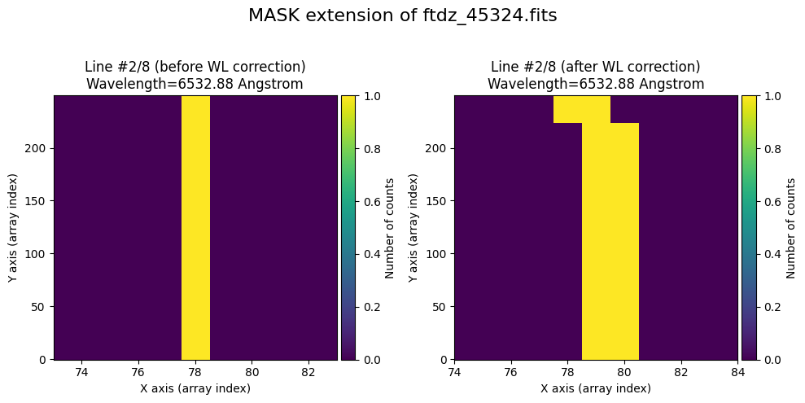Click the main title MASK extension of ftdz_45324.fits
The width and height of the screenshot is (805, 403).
tap(402, 16)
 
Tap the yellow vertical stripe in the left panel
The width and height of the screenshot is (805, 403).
tap(195, 228)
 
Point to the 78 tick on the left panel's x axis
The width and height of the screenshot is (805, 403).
tap(195, 372)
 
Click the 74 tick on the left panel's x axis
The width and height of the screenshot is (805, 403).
tap(82, 372)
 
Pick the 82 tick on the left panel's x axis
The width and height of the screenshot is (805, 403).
tap(308, 372)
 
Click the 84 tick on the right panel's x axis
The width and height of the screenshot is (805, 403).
tap(737, 372)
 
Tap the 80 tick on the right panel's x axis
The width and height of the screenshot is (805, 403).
tap(624, 372)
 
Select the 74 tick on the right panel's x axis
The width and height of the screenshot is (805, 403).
tap(454, 372)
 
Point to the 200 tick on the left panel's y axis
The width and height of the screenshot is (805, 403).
tap(37, 148)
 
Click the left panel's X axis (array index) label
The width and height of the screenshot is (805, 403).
tap(195, 388)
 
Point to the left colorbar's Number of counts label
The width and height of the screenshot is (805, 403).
tap(390, 228)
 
